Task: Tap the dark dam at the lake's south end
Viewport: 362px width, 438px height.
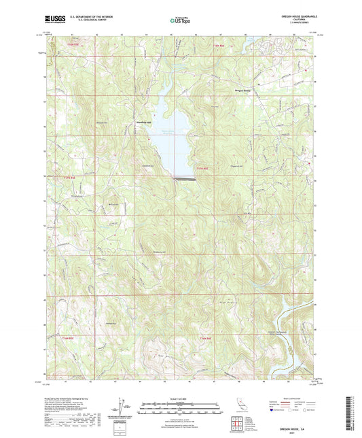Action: point(185,179)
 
